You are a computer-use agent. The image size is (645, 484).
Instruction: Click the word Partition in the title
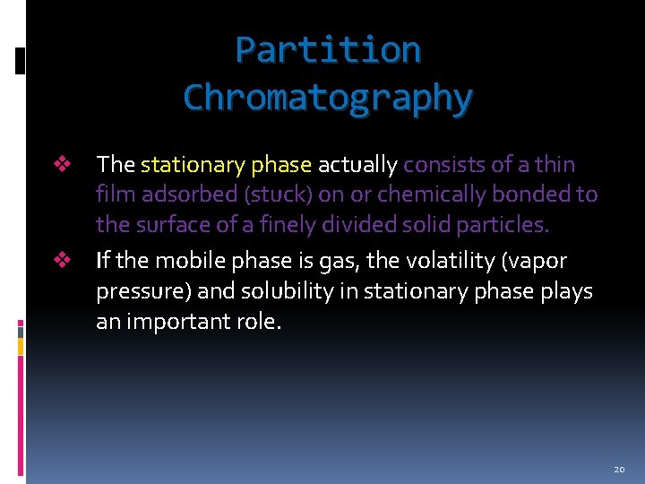328,49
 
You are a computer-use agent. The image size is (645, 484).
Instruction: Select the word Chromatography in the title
328,98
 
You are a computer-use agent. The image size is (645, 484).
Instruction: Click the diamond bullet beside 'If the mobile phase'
62,261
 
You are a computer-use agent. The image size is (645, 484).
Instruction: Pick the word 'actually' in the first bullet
357,165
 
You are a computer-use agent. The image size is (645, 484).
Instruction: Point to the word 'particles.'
503,225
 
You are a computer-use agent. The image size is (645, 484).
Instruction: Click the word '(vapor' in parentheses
535,261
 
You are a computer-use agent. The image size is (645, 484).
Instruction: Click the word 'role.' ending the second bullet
261,322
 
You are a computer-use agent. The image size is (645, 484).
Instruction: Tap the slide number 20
619,470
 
